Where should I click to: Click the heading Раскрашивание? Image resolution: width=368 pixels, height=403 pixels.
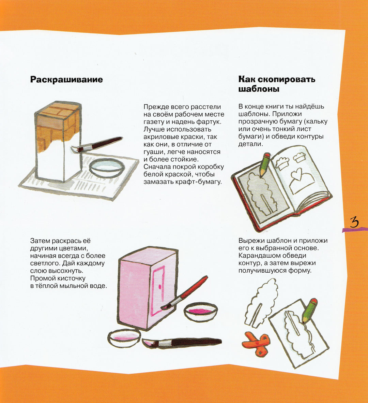pyautogui.click(x=66, y=80)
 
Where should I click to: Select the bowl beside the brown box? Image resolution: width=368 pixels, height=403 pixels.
pyautogui.click(x=107, y=168)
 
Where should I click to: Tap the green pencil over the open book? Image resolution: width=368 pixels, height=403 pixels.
pyautogui.click(x=264, y=165)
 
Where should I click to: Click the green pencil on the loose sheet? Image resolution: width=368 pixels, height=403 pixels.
pyautogui.click(x=309, y=310)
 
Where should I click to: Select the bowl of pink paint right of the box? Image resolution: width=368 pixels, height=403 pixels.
pyautogui.click(x=201, y=312)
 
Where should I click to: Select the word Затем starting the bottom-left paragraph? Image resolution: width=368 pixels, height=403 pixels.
pyautogui.click(x=40, y=241)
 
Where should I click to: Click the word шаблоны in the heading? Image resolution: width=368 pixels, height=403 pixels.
pyautogui.click(x=259, y=89)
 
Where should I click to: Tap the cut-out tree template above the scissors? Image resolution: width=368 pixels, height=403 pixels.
pyautogui.click(x=260, y=303)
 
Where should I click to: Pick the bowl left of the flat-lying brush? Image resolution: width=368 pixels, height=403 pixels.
pyautogui.click(x=124, y=338)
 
